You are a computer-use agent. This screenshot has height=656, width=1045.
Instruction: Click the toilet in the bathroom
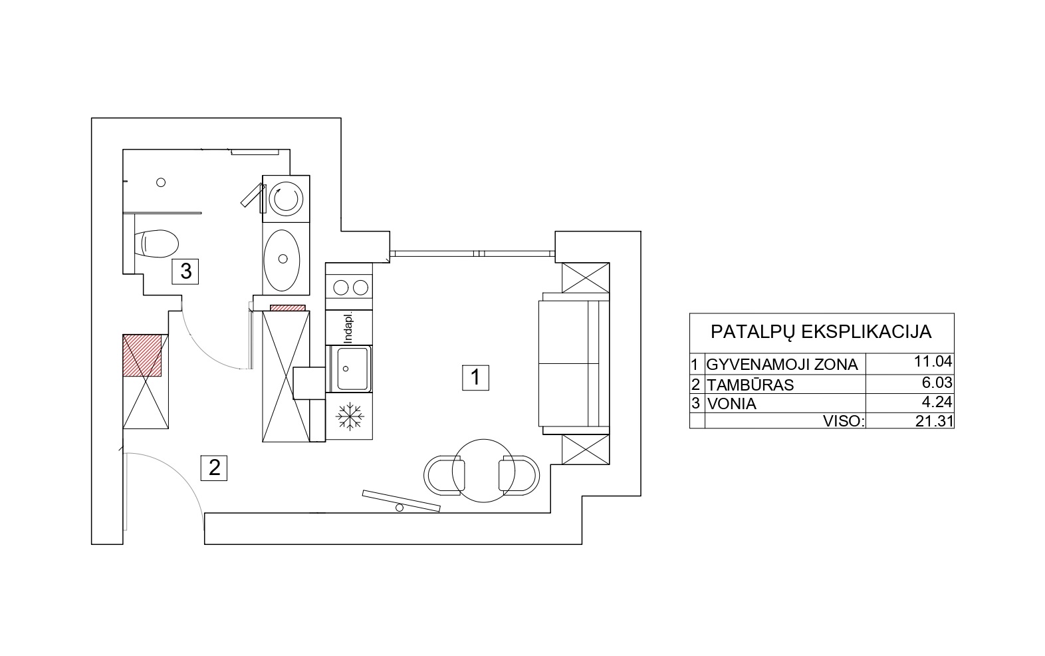(156, 244)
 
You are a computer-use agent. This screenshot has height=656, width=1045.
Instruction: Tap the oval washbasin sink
(282, 260)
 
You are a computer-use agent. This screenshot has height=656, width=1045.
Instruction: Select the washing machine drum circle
(285, 199)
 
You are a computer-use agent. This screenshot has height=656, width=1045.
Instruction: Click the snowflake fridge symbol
(350, 416)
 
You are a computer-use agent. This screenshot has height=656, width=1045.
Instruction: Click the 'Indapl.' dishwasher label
(348, 329)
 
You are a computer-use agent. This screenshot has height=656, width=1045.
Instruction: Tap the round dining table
(483, 470)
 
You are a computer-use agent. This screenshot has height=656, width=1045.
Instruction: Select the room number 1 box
(475, 377)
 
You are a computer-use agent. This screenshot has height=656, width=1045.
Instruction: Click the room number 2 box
(213, 468)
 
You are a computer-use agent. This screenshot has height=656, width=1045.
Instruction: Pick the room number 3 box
(185, 271)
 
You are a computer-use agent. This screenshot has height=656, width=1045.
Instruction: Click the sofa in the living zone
(574, 364)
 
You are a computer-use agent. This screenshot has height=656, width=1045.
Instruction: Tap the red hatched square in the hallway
(142, 355)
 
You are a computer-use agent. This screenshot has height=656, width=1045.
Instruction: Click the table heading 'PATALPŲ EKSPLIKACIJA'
(821, 332)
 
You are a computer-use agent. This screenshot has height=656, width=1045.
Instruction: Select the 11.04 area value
(933, 361)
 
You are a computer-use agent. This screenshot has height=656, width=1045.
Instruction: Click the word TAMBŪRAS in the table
(750, 385)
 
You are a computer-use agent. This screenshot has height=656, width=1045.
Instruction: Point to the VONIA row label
(731, 403)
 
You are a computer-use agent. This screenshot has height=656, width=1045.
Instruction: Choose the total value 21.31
(934, 421)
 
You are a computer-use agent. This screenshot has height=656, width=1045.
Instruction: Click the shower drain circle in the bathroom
(161, 182)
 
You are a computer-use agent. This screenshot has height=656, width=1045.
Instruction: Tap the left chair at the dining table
(444, 475)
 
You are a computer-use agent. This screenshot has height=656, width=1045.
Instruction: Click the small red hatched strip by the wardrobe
(288, 308)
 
